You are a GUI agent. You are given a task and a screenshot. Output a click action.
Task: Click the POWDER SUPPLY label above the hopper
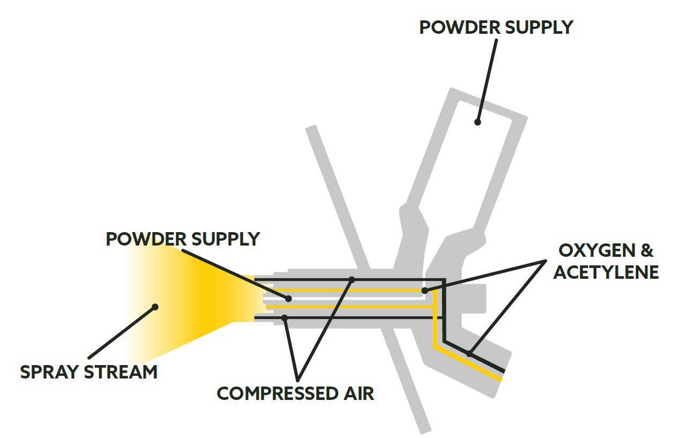[496, 27]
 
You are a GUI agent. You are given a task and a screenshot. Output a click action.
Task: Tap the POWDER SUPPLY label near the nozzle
[183, 239]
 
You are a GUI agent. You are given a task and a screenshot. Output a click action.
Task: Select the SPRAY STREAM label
[89, 372]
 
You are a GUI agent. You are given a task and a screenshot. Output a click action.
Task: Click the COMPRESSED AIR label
[295, 393]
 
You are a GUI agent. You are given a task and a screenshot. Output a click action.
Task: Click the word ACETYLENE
[606, 272]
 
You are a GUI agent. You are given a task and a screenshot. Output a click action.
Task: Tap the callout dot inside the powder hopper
[477, 122]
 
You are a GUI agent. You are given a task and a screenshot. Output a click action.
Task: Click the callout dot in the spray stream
[155, 307]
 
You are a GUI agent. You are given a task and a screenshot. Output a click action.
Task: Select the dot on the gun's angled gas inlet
[469, 353]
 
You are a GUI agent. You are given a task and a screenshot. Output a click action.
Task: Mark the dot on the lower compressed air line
[285, 318]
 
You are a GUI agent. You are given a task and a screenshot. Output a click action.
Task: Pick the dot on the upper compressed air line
[352, 279]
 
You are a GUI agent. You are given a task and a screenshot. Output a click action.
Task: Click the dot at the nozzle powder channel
[288, 299]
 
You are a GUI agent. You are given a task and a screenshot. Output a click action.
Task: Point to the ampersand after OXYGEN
[648, 251]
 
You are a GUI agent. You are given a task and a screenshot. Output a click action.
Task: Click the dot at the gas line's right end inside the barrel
[424, 291]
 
